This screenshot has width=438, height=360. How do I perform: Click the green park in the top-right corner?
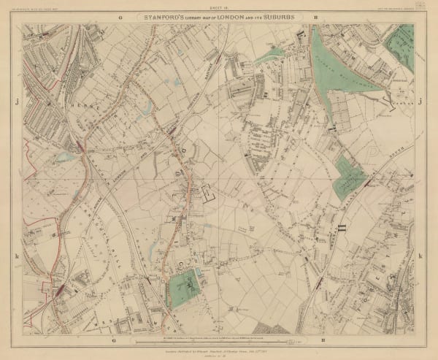pyautogui.click(x=401, y=45)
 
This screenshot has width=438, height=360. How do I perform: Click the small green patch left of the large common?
pyautogui.click(x=269, y=54)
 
